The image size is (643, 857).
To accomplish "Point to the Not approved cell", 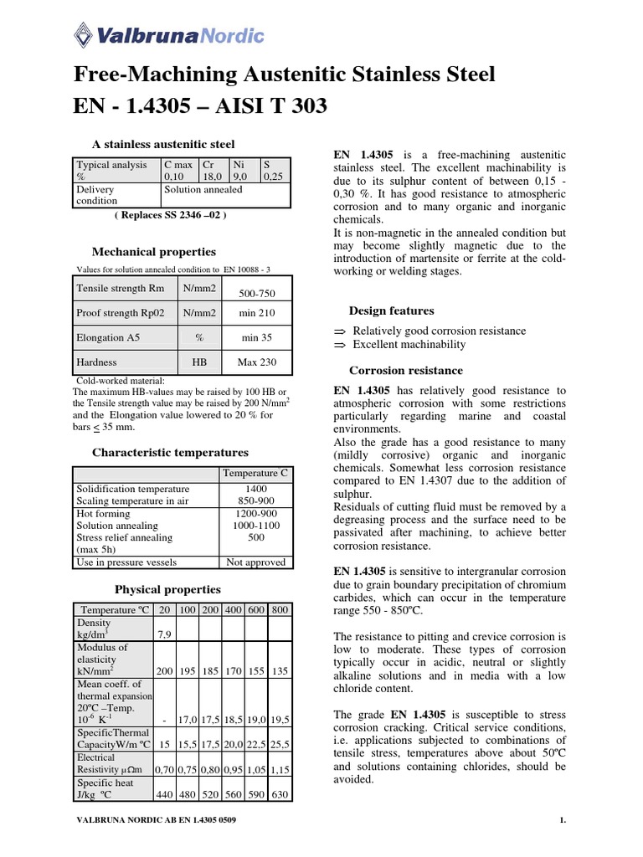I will pyautogui.click(x=255, y=562).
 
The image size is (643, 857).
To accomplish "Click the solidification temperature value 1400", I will pyautogui.click(x=255, y=489).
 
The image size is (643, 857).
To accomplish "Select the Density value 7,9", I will pyautogui.click(x=164, y=635).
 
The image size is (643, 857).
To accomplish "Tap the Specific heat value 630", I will pyautogui.click(x=281, y=793).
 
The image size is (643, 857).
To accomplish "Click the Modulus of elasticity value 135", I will pyautogui.click(x=281, y=671).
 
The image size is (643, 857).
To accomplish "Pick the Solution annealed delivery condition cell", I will pyautogui.click(x=203, y=189).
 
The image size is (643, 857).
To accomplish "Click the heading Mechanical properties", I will pyautogui.click(x=153, y=251).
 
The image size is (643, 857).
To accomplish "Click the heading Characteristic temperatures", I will pyautogui.click(x=170, y=452).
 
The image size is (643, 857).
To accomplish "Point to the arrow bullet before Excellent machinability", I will pyautogui.click(x=339, y=345).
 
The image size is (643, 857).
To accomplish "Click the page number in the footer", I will pyautogui.click(x=563, y=820).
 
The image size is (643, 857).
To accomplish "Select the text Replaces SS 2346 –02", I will pyautogui.click(x=170, y=215).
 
